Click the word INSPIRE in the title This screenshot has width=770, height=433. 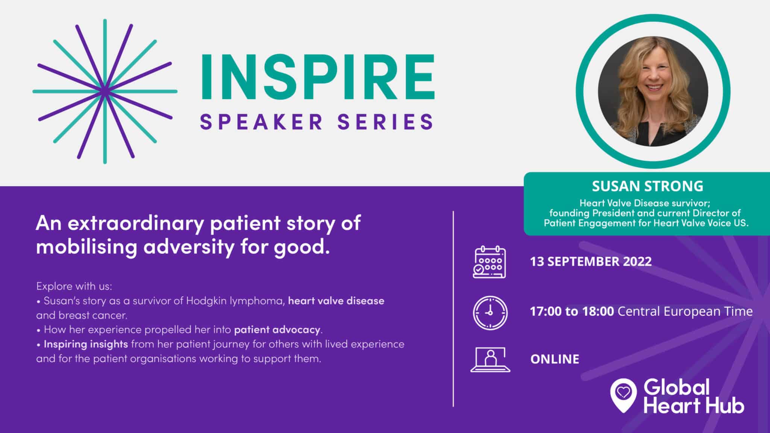tap(318, 77)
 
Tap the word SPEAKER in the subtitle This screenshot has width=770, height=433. tap(261, 122)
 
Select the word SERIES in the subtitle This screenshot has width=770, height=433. tap(385, 122)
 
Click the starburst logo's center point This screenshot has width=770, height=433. tap(105, 91)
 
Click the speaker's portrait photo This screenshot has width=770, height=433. tap(653, 91)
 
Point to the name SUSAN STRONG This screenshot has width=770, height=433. tap(647, 186)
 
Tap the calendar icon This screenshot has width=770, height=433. tap(489, 262)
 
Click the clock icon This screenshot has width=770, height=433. tap(490, 313)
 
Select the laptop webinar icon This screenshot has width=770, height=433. tap(490, 359)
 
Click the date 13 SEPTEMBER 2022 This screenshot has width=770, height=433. tap(591, 261)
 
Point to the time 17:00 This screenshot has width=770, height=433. tap(546, 311)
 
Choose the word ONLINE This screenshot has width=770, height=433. tap(555, 359)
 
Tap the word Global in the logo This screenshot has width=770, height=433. tap(676, 388)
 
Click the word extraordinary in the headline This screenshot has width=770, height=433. tap(136, 223)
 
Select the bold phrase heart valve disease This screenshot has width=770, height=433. tap(336, 301)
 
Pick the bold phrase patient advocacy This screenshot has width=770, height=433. tap(277, 330)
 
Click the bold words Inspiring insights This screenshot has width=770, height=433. tap(86, 344)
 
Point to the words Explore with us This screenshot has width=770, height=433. tap(74, 286)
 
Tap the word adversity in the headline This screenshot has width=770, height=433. tap(189, 247)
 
